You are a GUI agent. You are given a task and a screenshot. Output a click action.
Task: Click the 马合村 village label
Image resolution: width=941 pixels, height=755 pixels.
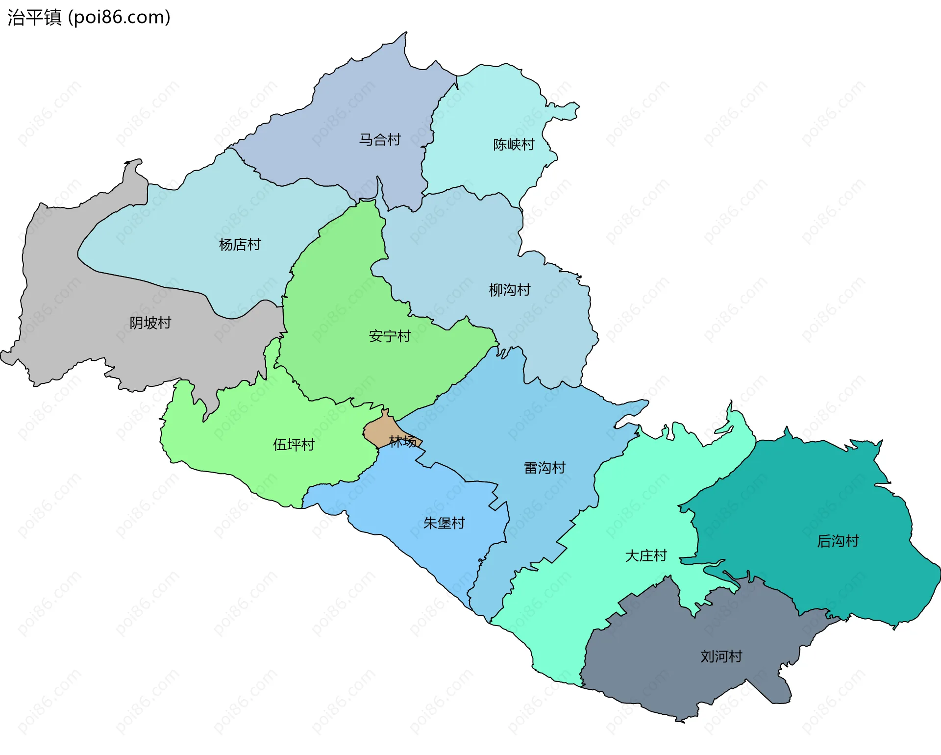point(380,140)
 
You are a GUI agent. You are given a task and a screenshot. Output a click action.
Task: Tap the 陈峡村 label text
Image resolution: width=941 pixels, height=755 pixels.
point(514,145)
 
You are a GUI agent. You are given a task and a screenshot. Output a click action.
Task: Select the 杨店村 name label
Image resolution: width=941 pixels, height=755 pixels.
point(240,245)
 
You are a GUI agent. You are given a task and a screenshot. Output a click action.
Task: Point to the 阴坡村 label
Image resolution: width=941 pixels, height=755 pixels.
point(150,323)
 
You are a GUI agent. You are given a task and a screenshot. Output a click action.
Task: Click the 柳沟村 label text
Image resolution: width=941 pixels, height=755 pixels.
point(510,290)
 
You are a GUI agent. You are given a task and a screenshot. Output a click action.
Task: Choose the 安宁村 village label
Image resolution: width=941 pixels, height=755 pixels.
point(390,336)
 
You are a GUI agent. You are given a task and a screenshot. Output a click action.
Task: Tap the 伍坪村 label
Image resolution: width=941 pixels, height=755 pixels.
point(294,445)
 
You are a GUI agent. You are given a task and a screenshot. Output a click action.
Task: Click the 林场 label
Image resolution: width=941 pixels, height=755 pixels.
point(403,442)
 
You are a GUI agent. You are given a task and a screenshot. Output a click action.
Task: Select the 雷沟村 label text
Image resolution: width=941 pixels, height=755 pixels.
point(545,468)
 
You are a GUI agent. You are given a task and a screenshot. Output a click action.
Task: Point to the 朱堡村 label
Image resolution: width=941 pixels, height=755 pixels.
point(444,524)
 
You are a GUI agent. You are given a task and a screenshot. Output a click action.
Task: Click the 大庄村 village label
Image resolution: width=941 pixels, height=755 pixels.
point(646,556)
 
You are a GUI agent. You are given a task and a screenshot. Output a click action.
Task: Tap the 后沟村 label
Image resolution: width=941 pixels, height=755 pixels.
point(838,541)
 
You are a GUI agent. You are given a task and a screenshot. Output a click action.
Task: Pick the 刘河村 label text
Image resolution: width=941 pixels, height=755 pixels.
point(721,656)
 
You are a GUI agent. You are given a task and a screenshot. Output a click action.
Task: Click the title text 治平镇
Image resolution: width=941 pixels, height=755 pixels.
point(34,18)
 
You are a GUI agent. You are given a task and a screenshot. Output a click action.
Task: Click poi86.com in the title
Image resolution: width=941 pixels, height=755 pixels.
point(119,18)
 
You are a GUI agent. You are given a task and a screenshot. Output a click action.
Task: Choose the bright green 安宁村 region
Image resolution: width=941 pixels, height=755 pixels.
point(343,304)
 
